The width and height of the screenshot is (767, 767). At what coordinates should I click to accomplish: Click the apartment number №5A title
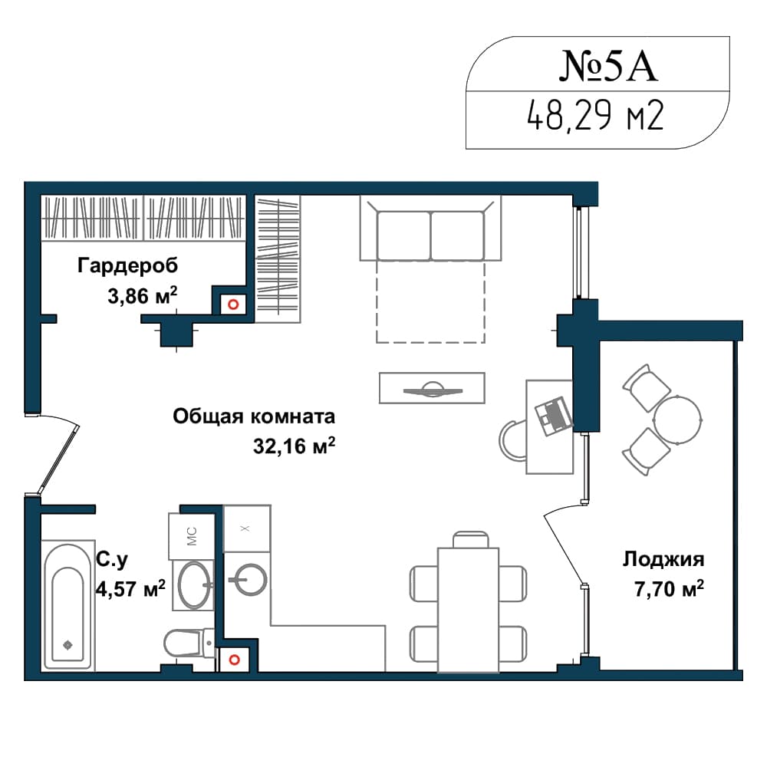point(608,65)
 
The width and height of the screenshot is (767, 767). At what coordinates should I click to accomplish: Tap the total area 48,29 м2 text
point(595,116)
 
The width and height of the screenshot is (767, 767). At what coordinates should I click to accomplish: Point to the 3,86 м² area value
point(143,296)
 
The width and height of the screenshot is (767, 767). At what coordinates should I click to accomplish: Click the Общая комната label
point(254,416)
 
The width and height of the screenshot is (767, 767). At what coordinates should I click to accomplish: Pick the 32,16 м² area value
point(294,446)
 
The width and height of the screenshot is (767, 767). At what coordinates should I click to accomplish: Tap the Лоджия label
point(663,559)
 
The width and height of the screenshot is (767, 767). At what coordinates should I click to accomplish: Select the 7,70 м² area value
point(669,589)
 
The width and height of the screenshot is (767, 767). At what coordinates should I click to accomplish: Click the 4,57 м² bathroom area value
point(130,588)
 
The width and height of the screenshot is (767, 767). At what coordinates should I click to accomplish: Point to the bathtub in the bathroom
point(68,606)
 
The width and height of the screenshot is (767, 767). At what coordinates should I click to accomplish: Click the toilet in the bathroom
point(189,644)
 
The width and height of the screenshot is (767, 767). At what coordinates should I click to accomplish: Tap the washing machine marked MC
point(192,536)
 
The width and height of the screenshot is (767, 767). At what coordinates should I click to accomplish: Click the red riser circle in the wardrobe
point(233,304)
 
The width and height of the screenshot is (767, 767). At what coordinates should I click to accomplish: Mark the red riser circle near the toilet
point(235,660)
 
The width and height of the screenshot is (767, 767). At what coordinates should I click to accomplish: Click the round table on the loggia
point(678,420)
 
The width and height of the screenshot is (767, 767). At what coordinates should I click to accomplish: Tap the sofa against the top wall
point(430,228)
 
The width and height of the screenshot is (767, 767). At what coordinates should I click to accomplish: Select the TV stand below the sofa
point(432,388)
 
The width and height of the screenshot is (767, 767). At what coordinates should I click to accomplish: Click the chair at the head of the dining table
point(471,539)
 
